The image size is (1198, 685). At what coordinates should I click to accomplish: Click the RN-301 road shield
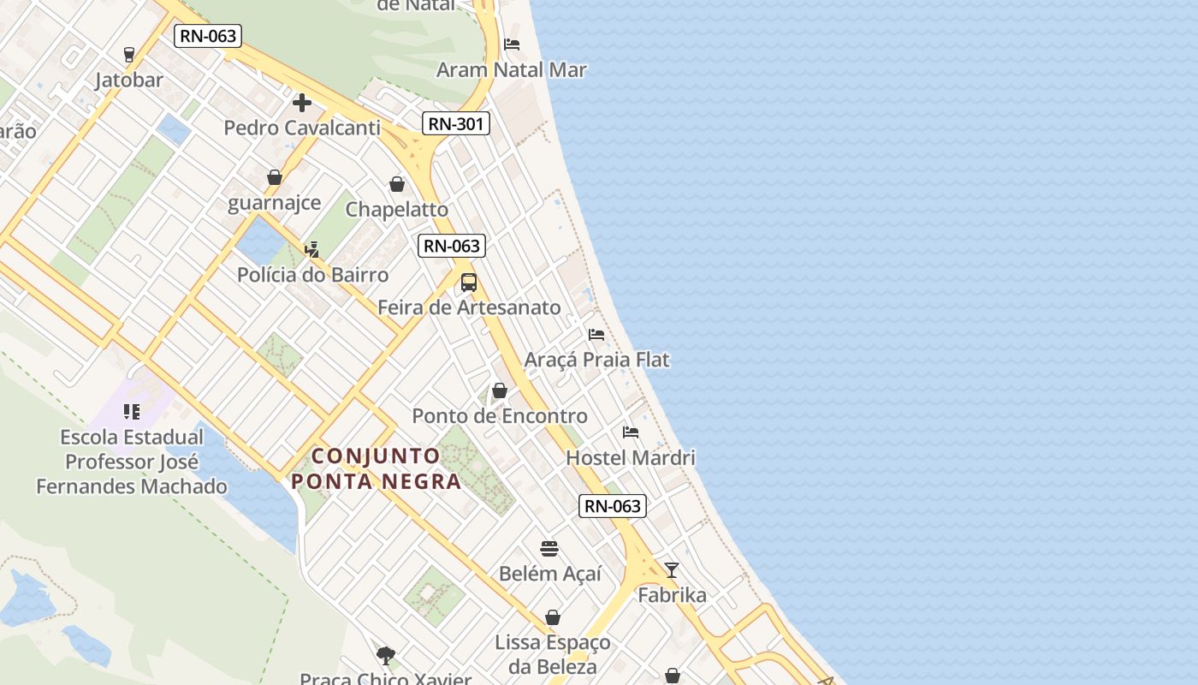coord(456,124)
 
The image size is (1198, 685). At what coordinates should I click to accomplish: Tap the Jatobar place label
coord(129,80)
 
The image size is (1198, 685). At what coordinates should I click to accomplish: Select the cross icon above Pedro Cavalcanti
coord(301,103)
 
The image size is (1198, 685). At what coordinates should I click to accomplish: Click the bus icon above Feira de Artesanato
coord(469,283)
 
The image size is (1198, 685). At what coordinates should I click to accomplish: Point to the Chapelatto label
coord(397,209)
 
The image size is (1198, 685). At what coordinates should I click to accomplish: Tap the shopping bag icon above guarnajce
coord(275,177)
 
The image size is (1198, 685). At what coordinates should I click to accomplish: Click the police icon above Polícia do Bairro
coord(312,250)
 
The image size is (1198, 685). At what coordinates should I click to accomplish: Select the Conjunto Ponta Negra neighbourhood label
coord(377,468)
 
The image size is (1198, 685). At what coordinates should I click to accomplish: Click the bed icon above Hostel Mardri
coord(631,432)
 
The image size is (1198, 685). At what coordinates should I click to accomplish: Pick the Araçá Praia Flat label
coord(596,360)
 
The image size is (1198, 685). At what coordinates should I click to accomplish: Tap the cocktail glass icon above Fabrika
coord(672,570)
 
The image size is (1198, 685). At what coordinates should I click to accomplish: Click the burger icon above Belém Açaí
coord(549,549)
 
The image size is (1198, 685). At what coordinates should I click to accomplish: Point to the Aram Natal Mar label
coord(512,70)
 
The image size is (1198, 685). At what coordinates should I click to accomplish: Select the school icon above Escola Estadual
coord(132,412)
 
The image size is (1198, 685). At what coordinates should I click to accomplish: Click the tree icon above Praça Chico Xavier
coord(386,656)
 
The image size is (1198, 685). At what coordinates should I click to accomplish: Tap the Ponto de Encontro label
coord(500,416)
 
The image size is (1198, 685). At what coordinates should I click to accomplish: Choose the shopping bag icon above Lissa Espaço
coord(553,617)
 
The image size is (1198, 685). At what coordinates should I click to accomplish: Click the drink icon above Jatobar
coord(129,55)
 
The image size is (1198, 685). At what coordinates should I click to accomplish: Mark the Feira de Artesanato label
coord(469,307)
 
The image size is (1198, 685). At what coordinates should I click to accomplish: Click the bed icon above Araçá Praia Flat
coord(596,334)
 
